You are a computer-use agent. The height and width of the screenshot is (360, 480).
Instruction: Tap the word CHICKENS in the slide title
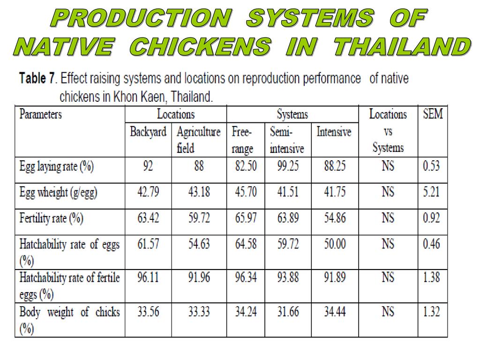click(x=199, y=47)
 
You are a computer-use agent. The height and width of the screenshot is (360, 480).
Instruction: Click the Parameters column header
click(x=40, y=114)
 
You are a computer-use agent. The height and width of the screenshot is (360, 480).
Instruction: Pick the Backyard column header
click(x=148, y=132)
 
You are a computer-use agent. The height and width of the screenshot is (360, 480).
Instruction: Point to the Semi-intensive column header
click(x=286, y=140)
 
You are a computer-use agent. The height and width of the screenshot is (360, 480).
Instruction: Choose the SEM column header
click(x=432, y=114)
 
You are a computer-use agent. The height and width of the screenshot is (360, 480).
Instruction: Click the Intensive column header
click(x=334, y=132)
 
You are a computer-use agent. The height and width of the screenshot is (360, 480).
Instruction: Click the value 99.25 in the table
click(x=288, y=166)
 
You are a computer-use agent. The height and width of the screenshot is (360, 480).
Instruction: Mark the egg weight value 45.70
click(x=245, y=192)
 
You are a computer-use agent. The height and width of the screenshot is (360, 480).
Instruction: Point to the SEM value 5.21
click(x=431, y=192)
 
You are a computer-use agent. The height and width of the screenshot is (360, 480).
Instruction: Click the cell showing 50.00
click(x=334, y=244)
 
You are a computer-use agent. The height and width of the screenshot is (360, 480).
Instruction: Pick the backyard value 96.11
click(x=148, y=277)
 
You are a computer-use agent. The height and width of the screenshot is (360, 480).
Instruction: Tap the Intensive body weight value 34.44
click(x=334, y=312)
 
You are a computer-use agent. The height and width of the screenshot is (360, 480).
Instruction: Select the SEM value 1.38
click(x=431, y=277)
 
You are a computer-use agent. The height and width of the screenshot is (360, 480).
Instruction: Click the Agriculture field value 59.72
click(x=199, y=218)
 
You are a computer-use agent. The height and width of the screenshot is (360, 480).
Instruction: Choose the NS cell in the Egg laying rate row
click(x=388, y=166)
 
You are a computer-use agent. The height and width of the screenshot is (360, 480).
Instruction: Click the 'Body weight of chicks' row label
click(x=69, y=312)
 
